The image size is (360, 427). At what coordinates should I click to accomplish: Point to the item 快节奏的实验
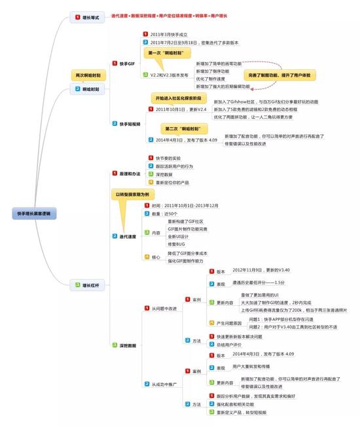coord(168,158)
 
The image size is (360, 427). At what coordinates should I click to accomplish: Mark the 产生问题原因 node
coord(229,324)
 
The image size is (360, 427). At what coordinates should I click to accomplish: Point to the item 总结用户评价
coord(228,344)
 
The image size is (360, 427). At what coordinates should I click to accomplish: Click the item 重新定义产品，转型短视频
coord(242,413)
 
